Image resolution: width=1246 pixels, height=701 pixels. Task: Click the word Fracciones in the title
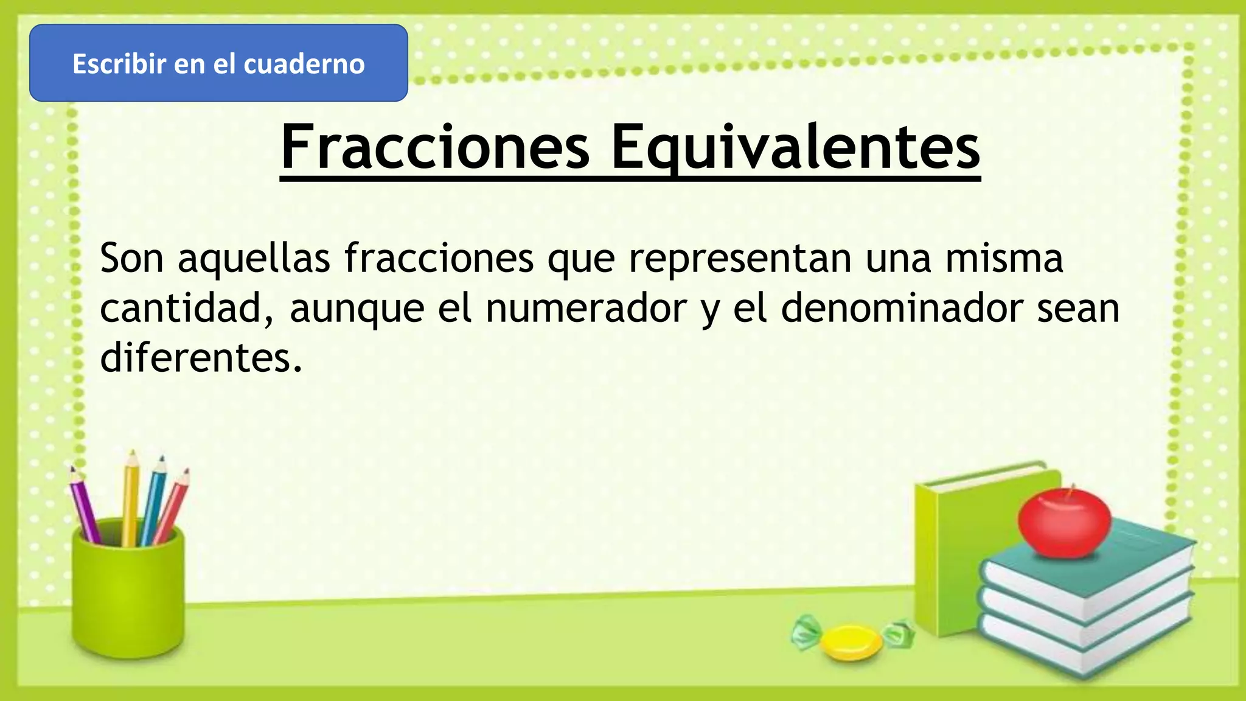(435, 147)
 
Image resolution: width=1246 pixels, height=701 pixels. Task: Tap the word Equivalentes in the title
(795, 147)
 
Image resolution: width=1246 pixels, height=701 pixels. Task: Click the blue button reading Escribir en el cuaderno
(218, 63)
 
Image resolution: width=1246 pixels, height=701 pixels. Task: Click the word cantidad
(186, 309)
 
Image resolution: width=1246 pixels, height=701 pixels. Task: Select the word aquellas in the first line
(254, 259)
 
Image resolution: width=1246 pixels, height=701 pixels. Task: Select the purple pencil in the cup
(85, 505)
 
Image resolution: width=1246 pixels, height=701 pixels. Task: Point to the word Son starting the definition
(132, 259)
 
